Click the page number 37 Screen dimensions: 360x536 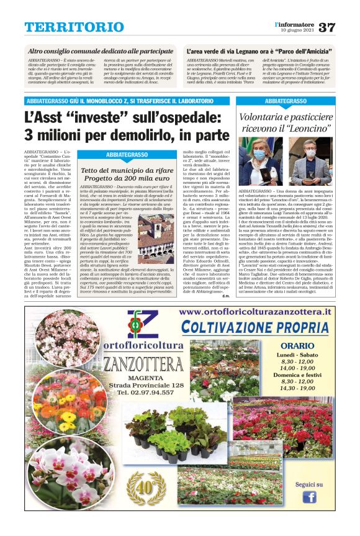tap(326, 27)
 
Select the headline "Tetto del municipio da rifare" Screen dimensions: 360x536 tap(126, 170)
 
